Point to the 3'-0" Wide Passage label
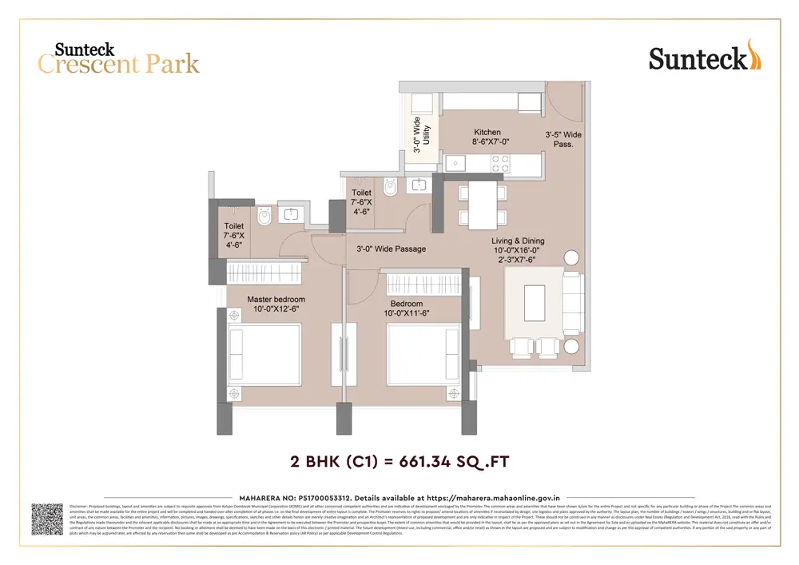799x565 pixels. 391,249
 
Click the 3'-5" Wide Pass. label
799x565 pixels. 563,140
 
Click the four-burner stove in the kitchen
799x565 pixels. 501,163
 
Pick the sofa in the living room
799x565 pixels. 572,303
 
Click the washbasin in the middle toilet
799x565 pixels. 418,185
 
